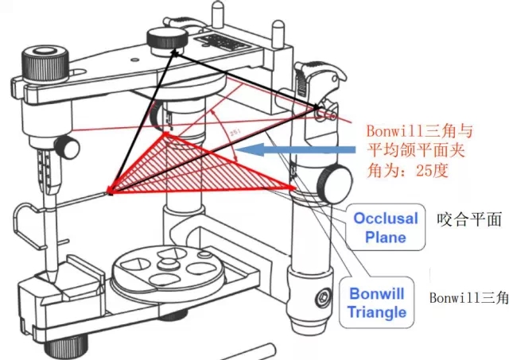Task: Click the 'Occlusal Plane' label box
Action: pos(385,227)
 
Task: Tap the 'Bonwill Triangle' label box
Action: pos(376,302)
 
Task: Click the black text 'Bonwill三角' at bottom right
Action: pos(468,299)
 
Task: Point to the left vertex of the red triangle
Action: pos(110,192)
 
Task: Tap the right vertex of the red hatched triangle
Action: pos(295,189)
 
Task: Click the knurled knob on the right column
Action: pos(332,184)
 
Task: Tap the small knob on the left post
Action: pos(70,147)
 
